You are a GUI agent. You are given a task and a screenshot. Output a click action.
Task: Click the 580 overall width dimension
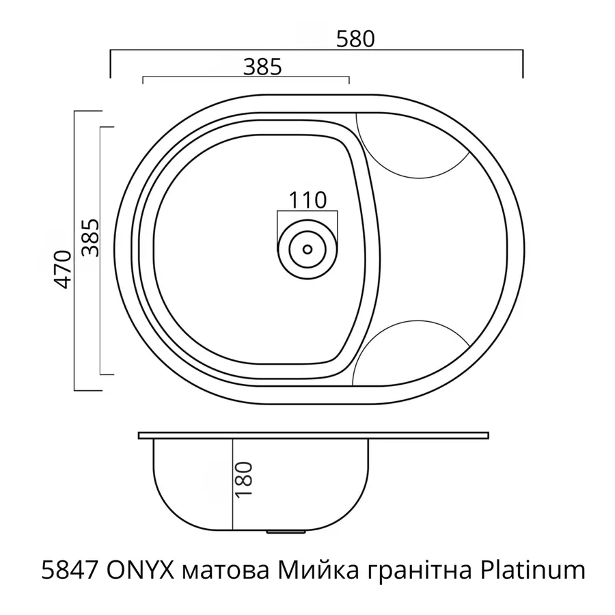point(355,39)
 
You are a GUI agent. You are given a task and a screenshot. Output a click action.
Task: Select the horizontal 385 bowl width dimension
point(262,66)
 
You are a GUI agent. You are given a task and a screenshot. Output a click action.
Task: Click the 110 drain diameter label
point(307,200)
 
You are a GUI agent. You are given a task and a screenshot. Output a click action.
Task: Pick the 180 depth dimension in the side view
point(246,478)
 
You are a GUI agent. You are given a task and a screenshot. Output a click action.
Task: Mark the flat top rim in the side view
point(314,435)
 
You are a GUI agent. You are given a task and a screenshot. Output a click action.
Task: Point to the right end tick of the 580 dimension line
point(523,64)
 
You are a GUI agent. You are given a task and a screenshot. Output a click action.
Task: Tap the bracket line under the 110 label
point(307,213)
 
